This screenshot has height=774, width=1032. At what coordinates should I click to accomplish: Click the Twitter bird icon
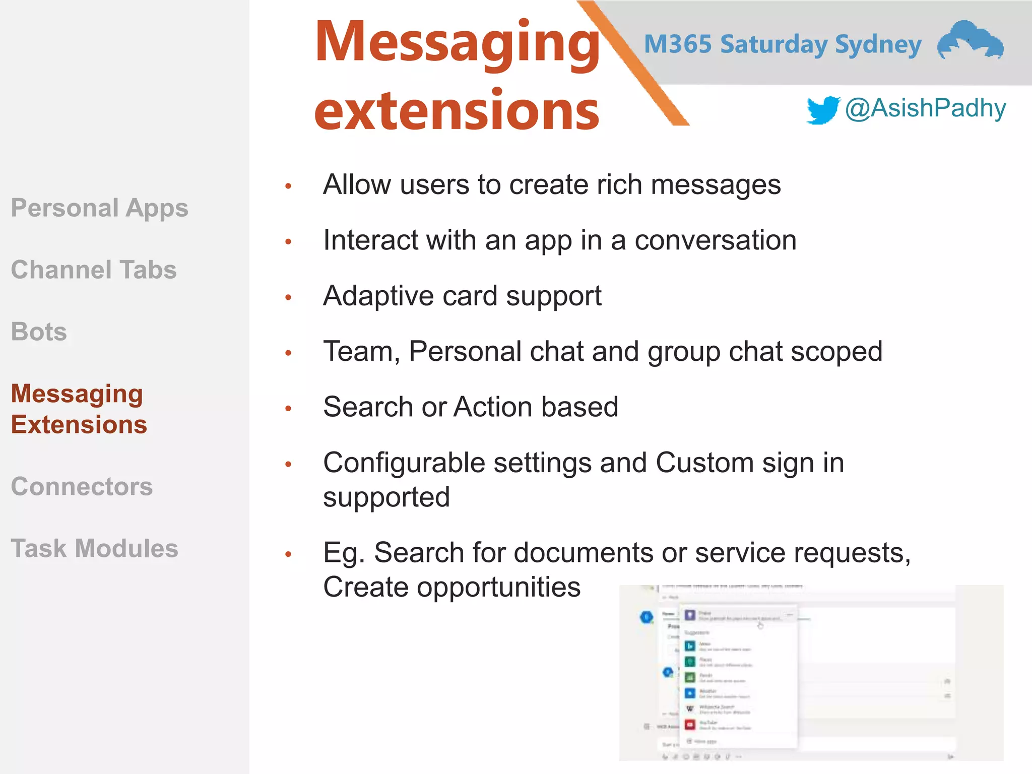822,109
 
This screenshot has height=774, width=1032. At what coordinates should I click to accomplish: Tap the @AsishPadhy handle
925,108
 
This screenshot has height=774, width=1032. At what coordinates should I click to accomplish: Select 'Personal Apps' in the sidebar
99,208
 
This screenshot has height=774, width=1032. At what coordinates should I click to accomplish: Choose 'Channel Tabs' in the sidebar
94,270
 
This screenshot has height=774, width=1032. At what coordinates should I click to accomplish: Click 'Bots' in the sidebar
39,332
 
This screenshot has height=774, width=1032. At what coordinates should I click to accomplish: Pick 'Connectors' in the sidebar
82,486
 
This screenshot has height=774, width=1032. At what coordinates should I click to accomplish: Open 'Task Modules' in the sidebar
95,548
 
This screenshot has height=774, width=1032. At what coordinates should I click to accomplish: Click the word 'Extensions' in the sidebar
79,424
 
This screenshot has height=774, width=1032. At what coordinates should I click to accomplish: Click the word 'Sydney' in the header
878,45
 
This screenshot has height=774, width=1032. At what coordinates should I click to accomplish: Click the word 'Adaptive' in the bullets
378,296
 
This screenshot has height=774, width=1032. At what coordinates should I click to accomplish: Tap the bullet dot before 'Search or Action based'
288,408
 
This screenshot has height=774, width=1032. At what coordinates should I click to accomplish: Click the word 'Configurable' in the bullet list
404,463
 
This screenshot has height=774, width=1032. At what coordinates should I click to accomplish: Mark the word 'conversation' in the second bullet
715,240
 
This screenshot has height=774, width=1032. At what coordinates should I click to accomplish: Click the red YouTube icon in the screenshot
690,725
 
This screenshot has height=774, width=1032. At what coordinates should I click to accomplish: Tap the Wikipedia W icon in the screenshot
690,708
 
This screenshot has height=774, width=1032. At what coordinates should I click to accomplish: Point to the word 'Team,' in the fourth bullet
361,351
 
